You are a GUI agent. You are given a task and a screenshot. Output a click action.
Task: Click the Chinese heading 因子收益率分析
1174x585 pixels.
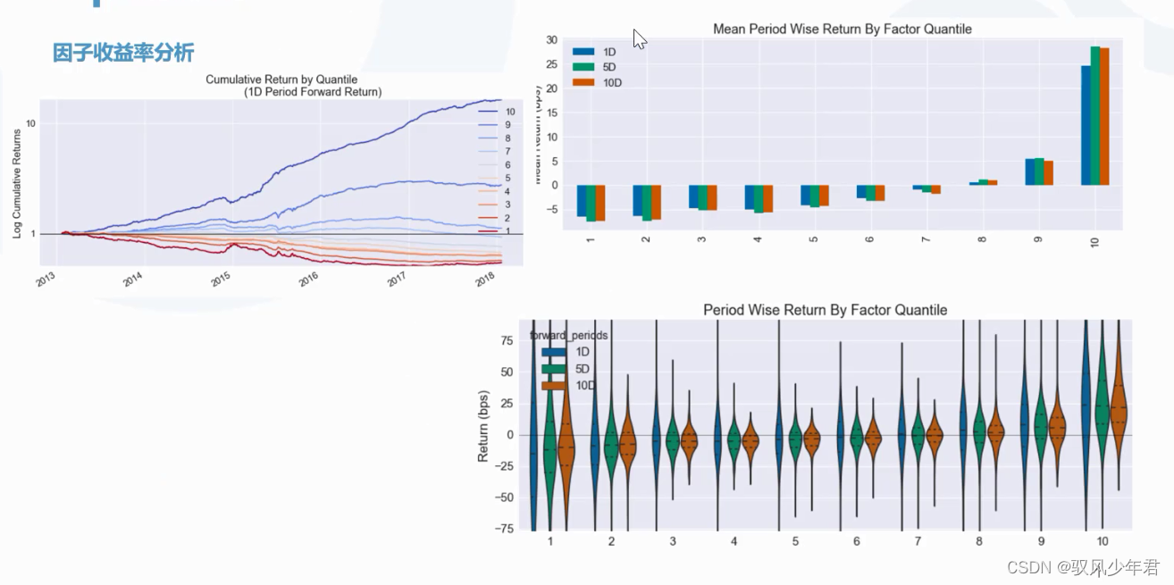pos(123,53)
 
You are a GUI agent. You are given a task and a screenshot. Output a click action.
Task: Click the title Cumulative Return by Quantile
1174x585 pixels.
pos(281,79)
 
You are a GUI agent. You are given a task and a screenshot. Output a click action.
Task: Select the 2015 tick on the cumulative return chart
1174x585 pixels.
pos(221,280)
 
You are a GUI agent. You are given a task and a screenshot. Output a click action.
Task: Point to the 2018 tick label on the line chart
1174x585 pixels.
pos(484,280)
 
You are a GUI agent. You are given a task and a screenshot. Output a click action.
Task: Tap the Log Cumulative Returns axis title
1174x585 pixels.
pos(18,184)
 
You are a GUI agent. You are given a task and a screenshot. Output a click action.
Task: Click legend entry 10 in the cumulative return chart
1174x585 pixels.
pos(509,112)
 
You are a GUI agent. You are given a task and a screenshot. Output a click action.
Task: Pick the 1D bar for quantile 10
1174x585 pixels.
pos(1086,125)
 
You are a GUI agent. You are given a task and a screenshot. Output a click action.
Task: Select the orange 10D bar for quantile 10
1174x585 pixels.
pos(1104,116)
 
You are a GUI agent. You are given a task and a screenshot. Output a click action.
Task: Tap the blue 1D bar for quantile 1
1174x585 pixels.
pos(582,201)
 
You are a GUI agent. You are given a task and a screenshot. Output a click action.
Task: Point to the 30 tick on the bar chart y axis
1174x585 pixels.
pos(552,40)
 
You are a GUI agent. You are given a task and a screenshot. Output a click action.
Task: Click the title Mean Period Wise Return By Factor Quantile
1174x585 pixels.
pos(842,29)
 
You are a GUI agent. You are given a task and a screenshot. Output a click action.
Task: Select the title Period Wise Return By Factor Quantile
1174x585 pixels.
pos(825,310)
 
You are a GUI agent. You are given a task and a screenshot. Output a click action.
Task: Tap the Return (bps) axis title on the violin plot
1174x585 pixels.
pos(483,426)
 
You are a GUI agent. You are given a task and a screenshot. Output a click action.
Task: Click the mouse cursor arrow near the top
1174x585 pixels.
pos(639,38)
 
